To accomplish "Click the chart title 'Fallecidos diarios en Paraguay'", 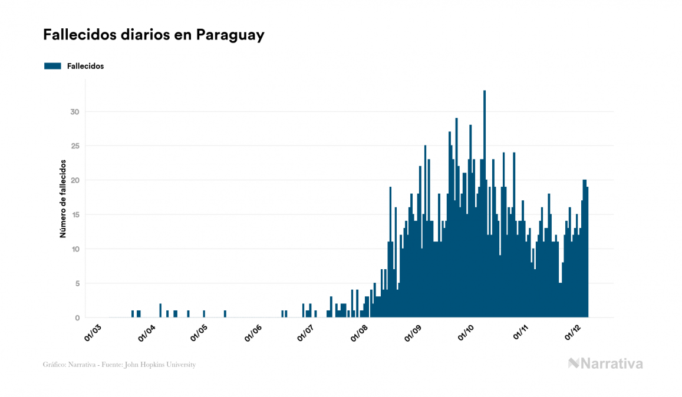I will pos(153,35).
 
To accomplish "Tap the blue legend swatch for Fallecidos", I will pos(52,66).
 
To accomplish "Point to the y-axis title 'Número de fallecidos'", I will pos(62,198).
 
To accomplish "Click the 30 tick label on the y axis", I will pos(74,112).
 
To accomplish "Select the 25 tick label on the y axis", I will pos(74,146).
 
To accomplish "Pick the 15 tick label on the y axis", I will pos(74,215).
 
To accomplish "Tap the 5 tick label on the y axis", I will pos(77,284).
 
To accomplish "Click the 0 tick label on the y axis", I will pos(77,318).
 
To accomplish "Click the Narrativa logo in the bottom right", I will pos(605,363).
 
